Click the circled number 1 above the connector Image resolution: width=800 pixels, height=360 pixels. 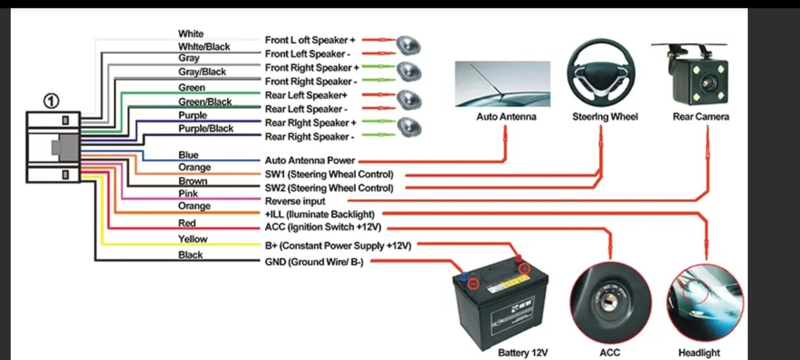(x=51, y=101)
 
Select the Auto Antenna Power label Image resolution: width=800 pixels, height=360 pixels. (x=310, y=160)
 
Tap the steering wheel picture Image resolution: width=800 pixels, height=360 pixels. (x=601, y=73)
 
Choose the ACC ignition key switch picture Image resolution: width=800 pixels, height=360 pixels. (x=610, y=302)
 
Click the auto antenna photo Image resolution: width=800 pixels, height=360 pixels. (x=502, y=84)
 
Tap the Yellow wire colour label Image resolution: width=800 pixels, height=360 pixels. (x=192, y=239)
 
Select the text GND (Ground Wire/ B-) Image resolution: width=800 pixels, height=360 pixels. (x=314, y=262)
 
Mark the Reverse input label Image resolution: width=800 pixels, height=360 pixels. (x=295, y=201)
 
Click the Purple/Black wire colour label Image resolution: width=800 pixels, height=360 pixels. (x=206, y=128)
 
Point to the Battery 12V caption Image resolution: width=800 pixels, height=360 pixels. (x=523, y=353)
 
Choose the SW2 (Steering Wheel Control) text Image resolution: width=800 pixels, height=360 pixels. (x=329, y=188)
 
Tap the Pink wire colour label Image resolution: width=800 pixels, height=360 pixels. (x=188, y=193)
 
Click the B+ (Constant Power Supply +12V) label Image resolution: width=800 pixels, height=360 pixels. (x=338, y=246)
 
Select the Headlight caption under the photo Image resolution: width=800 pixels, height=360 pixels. (x=699, y=353)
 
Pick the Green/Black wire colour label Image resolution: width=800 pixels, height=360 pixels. (x=205, y=102)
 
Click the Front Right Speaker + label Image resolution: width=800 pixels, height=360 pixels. (x=312, y=67)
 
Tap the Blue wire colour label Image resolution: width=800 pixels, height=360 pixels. (x=188, y=155)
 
